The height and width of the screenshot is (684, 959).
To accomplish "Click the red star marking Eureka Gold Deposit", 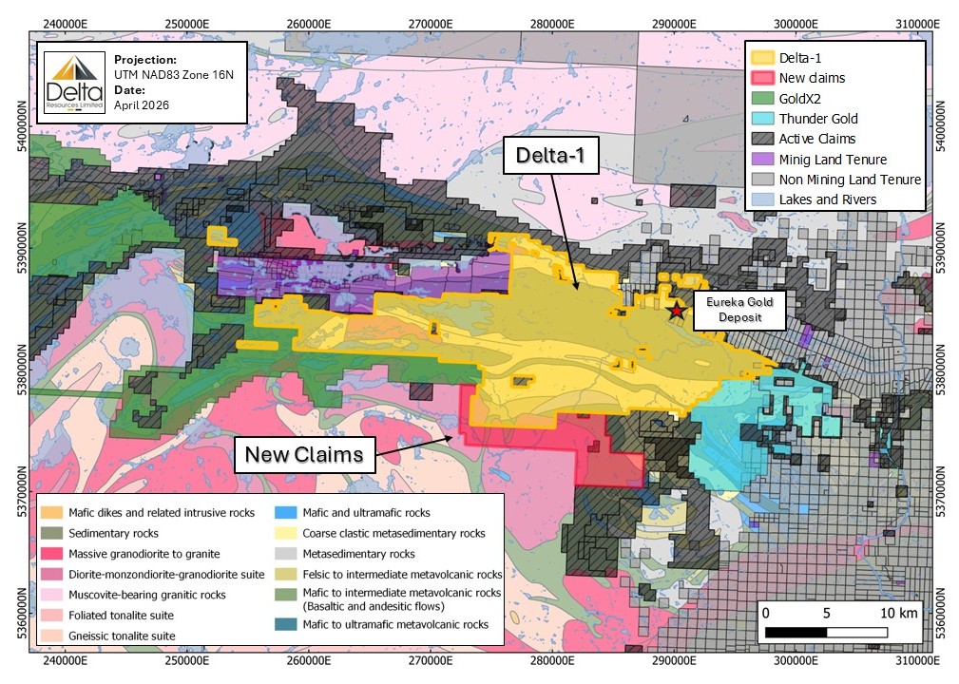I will click(676, 310).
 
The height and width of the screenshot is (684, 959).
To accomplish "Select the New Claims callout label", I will click(303, 454).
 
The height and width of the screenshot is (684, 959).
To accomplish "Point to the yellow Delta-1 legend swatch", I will click(762, 58).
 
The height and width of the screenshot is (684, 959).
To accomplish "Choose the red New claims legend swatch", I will click(762, 78).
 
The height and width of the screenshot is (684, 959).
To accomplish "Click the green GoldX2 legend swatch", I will click(762, 98).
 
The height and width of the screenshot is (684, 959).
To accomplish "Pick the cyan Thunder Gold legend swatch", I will click(762, 119).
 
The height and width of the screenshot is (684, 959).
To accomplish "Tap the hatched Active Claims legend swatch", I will click(762, 139).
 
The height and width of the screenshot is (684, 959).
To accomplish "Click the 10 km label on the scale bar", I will click(897, 613).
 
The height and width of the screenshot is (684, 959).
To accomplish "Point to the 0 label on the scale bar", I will click(766, 613).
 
